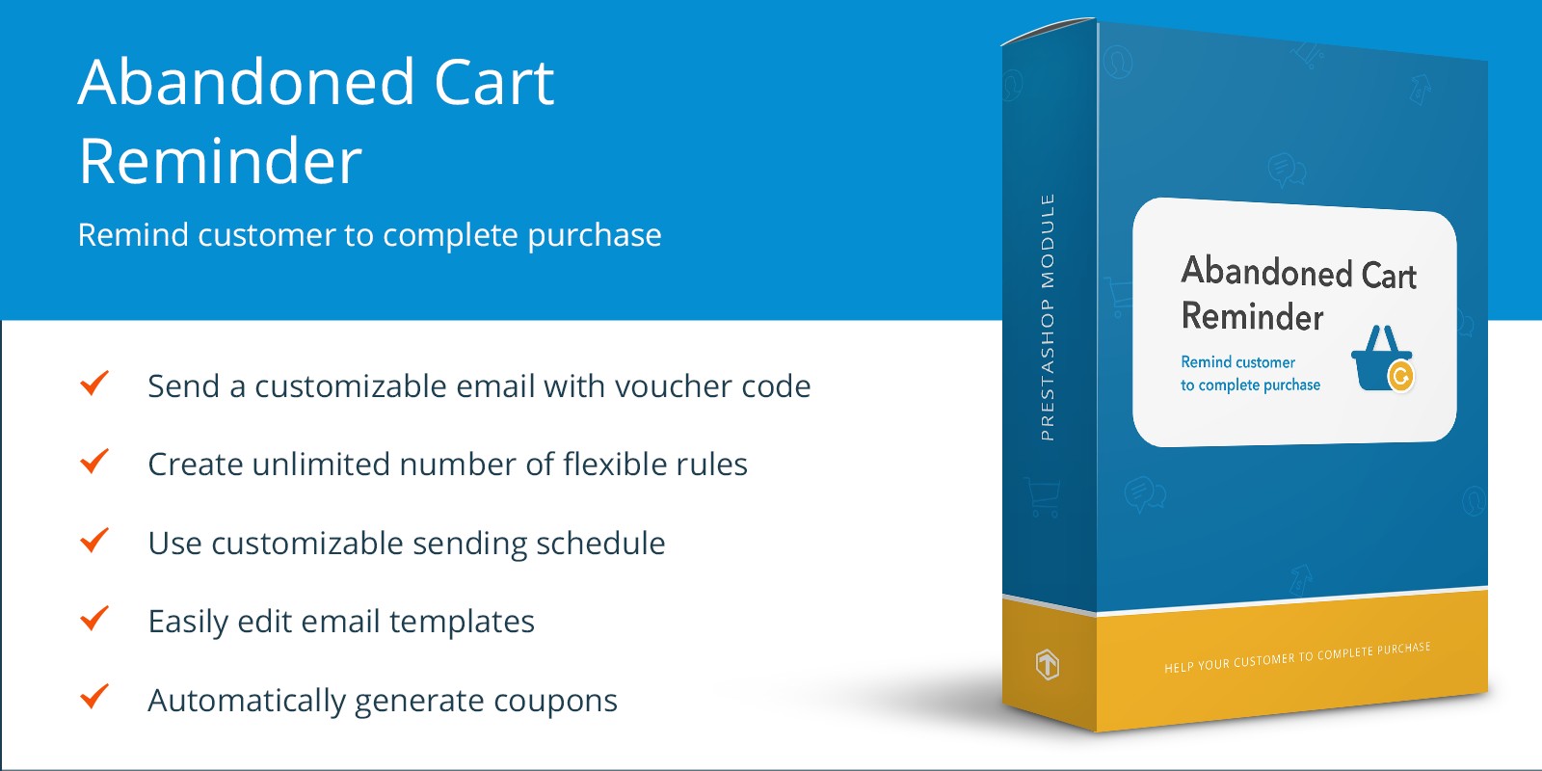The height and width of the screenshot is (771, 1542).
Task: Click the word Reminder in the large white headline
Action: tap(221, 161)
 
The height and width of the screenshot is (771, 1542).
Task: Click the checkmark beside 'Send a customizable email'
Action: tap(94, 383)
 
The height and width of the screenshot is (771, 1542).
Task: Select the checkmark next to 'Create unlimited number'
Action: tap(94, 462)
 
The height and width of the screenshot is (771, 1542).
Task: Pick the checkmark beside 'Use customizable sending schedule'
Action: tap(94, 540)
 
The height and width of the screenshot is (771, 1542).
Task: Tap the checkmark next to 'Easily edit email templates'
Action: tap(94, 618)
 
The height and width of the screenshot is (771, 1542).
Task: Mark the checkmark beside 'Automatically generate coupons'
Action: tap(94, 697)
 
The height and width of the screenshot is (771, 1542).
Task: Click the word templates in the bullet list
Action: tap(462, 623)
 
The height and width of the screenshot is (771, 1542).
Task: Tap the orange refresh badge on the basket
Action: tap(1401, 377)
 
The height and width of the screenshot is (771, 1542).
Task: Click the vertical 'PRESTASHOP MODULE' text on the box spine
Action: tap(1047, 317)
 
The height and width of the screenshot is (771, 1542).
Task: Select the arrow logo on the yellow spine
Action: tap(1047, 664)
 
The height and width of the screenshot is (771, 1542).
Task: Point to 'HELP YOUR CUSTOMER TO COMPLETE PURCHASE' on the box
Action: tap(1297, 657)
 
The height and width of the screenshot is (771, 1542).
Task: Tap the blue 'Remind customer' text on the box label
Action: tap(1237, 362)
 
